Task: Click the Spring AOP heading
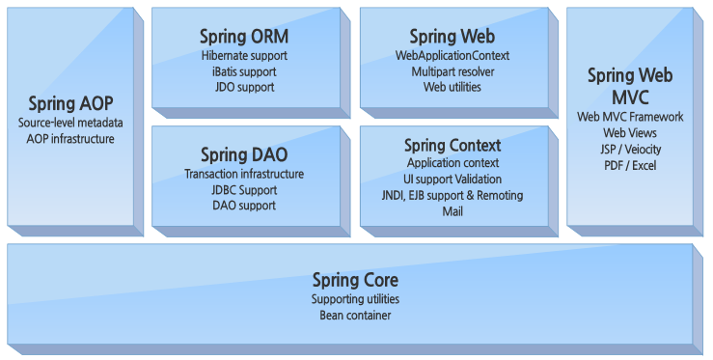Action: pos(70,102)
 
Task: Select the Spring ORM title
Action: pos(244,37)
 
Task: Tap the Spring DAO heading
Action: pos(244,154)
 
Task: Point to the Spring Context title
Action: pos(452,145)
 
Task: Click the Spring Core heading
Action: pos(355,280)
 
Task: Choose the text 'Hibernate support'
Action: pos(244,56)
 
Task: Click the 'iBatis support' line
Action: pos(244,71)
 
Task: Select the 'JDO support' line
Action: pos(244,87)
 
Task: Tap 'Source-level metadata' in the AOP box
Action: pos(70,123)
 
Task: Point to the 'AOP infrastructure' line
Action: pos(70,138)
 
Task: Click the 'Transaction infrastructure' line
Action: pos(244,174)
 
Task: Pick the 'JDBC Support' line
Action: pos(244,189)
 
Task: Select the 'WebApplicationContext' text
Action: pos(452,56)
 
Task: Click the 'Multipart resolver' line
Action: pos(452,71)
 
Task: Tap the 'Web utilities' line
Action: pos(452,87)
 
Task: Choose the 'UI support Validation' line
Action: pos(452,180)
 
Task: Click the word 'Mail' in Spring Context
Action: pos(452,210)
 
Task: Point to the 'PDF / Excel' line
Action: pos(630,165)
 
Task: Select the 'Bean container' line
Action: pos(355,315)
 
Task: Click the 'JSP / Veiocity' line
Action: pos(630,149)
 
